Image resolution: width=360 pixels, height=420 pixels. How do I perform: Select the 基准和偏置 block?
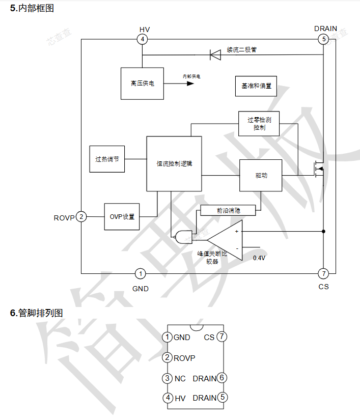[256, 86]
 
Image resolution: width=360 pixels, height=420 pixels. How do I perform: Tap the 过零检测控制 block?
[259, 123]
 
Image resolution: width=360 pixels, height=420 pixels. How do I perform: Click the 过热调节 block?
[106, 159]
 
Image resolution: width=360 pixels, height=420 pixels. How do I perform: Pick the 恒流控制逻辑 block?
[174, 163]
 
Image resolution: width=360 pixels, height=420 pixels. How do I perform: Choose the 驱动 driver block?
[261, 175]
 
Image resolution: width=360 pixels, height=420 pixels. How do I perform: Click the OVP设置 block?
[122, 216]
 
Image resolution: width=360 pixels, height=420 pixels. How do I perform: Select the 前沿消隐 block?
[228, 210]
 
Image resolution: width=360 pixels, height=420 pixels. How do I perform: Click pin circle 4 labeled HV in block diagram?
[142, 39]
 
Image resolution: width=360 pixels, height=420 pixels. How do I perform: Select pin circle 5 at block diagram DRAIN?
[322, 39]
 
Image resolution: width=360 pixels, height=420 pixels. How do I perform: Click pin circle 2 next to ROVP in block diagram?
[81, 217]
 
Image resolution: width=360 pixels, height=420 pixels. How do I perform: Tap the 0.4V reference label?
[259, 258]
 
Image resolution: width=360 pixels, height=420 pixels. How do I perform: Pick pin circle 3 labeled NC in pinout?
[167, 378]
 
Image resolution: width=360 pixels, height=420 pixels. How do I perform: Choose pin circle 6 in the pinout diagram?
[221, 378]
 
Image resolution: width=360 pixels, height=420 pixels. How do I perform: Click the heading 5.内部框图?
[32, 8]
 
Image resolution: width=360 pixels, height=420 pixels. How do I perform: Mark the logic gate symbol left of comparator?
[180, 235]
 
